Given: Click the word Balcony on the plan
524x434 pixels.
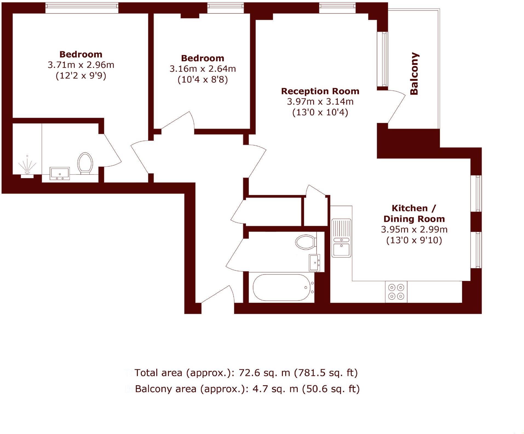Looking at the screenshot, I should (x=414, y=74).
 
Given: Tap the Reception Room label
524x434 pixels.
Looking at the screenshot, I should (x=320, y=91).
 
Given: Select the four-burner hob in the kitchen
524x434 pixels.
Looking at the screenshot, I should (x=396, y=292).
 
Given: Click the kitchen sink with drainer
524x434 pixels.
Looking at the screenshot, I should (x=341, y=238).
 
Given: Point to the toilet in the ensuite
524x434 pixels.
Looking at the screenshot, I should (x=85, y=163).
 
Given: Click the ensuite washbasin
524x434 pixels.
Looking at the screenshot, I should (x=60, y=173).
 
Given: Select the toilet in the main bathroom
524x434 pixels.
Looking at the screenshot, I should (x=306, y=242).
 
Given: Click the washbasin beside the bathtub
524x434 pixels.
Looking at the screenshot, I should (x=314, y=263).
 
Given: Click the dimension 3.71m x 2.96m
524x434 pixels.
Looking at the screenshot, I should (x=81, y=65).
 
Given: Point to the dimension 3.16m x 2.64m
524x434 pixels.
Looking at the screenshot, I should (x=203, y=69).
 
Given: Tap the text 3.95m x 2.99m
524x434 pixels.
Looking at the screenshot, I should (x=414, y=229).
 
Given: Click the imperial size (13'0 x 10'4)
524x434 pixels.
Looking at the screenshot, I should (x=320, y=113).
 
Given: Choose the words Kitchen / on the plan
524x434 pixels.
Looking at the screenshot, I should (x=413, y=208).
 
